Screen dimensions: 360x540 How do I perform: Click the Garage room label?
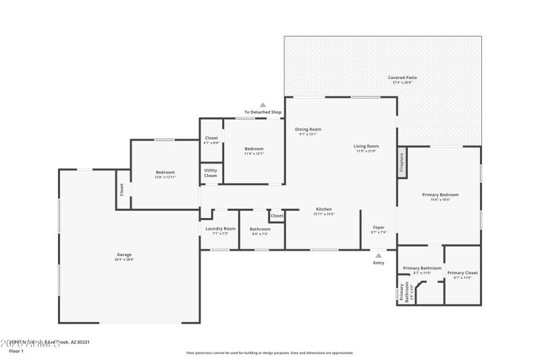(x=124, y=255)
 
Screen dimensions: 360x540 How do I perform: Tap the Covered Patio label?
(x=402, y=78)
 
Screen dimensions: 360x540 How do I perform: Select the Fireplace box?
(x=402, y=161)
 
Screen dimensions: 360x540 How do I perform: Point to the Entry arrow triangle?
(x=379, y=255)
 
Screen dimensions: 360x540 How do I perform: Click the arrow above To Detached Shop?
(x=263, y=105)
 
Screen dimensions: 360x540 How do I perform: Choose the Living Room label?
(x=366, y=146)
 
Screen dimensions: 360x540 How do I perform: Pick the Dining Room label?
(x=308, y=129)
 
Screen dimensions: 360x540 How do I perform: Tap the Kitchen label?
(x=324, y=209)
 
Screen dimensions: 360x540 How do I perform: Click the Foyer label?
(x=379, y=228)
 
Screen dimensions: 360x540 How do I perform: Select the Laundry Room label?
(x=221, y=228)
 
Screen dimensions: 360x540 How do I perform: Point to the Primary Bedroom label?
(x=436, y=195)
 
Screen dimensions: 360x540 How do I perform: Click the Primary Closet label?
(x=462, y=273)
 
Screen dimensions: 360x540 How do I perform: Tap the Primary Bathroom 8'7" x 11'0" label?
(x=422, y=268)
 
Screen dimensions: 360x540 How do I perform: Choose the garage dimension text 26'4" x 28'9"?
(x=124, y=259)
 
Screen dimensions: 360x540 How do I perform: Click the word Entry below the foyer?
(x=379, y=263)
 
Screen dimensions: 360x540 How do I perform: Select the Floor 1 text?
(x=15, y=351)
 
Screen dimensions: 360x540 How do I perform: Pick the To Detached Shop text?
(x=263, y=112)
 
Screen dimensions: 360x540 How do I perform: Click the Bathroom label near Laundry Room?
(x=260, y=229)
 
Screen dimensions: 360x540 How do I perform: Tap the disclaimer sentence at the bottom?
(x=270, y=353)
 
